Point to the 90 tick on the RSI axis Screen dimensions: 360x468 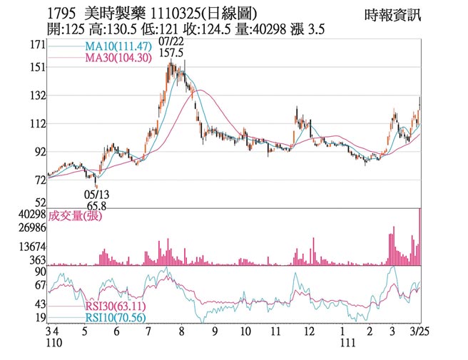click(39, 272)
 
